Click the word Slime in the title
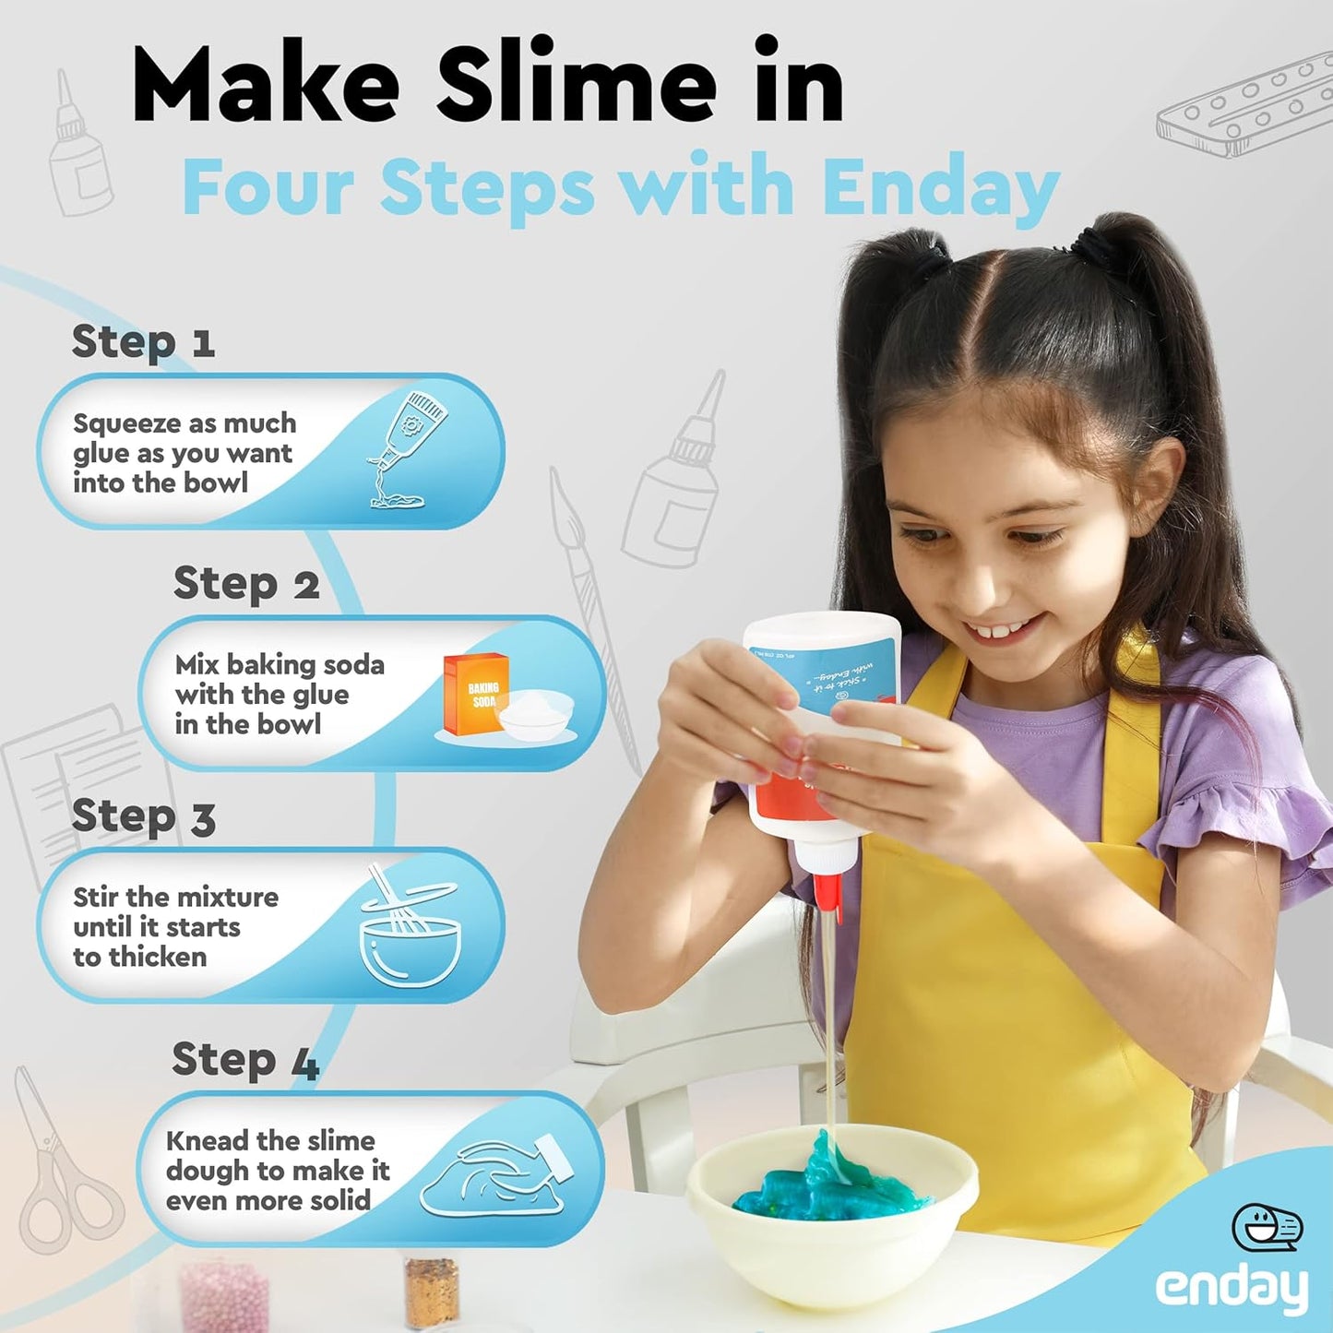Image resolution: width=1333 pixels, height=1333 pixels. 576,84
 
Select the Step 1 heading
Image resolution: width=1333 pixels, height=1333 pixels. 143,342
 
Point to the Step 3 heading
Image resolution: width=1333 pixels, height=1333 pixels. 143,817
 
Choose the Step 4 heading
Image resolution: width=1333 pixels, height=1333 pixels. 245,1060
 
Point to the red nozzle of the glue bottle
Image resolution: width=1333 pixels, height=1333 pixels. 827,891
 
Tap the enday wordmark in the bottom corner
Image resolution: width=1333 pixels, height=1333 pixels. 1231,1289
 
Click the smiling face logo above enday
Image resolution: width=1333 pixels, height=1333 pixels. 1267,1226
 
